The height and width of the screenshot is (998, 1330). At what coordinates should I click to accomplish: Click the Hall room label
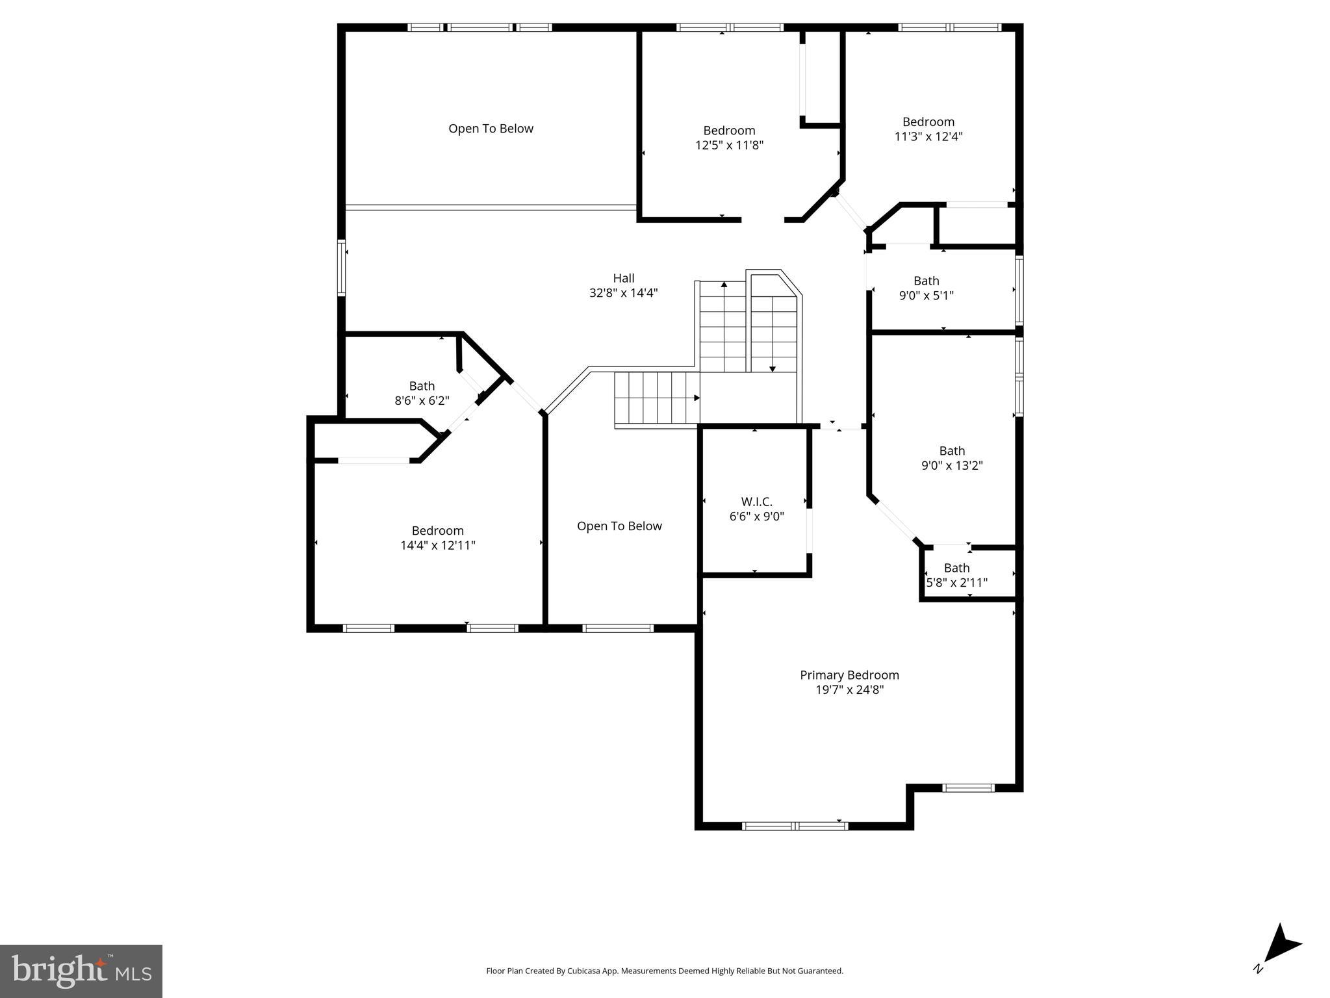623,278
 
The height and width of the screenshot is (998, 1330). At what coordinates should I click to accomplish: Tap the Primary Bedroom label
849,675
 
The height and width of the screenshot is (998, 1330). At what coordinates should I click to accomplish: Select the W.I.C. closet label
756,502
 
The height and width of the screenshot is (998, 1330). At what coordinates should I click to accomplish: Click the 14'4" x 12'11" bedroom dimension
437,545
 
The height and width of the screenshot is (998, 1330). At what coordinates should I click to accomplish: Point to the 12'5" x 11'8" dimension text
729,145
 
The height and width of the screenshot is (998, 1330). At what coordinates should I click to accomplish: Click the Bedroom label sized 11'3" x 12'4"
928,122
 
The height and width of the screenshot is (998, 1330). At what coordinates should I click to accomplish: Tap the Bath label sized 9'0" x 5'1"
926,281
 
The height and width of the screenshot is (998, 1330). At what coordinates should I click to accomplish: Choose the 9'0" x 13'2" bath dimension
952,465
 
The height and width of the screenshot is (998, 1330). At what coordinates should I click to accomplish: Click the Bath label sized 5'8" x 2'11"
956,568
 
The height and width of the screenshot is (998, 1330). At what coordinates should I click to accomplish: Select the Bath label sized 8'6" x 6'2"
422,386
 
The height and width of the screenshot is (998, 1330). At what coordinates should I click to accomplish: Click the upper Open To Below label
491,129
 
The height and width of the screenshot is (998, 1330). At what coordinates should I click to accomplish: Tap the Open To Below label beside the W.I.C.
619,526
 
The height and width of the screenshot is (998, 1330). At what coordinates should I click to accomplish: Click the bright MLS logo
81,971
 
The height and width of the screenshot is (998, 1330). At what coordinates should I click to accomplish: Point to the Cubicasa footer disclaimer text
665,971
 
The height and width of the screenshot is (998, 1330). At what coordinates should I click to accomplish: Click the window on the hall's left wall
341,268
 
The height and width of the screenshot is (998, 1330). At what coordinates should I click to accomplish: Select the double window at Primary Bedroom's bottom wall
795,826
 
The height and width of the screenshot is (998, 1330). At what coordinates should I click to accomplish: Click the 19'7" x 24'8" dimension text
849,690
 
